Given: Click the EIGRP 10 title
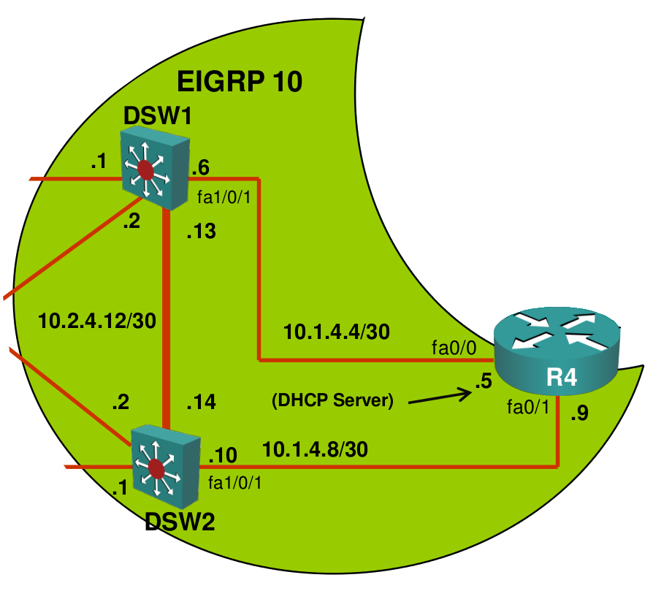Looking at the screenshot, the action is (240, 81).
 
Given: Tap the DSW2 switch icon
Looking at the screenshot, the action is (166, 464).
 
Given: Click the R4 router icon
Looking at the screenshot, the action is (557, 351).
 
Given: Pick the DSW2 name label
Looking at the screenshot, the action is (180, 522).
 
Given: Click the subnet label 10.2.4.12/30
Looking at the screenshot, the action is (97, 321).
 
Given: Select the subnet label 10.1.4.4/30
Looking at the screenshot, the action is (337, 332).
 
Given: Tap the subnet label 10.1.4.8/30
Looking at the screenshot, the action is (316, 450).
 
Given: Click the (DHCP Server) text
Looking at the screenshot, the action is (332, 400).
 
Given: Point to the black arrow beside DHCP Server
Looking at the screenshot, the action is (440, 397).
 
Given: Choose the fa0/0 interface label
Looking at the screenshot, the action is (454, 348).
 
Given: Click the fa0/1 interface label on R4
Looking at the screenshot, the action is (528, 407).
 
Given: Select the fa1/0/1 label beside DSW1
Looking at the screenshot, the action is (224, 197).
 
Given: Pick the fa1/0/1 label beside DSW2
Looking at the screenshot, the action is (235, 483).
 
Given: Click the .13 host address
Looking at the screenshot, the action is (201, 231).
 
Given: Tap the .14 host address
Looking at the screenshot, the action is (201, 402).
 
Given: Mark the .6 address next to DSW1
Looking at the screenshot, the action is (200, 167).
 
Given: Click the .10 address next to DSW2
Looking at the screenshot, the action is (223, 455).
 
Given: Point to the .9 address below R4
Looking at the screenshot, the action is (579, 413).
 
